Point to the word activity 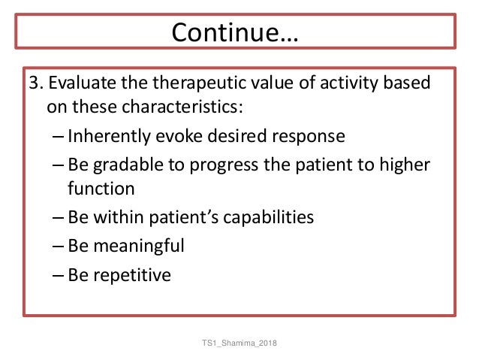click(349, 83)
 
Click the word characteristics click(182, 107)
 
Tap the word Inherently click(109, 136)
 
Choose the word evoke click(179, 135)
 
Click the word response click(309, 137)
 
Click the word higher click(405, 165)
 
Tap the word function click(101, 188)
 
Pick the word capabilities click(268, 218)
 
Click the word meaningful click(139, 247)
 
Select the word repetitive click(132, 275)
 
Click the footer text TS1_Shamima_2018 click(239, 343)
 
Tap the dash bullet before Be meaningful click(58, 247)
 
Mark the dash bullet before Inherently click(58, 137)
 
